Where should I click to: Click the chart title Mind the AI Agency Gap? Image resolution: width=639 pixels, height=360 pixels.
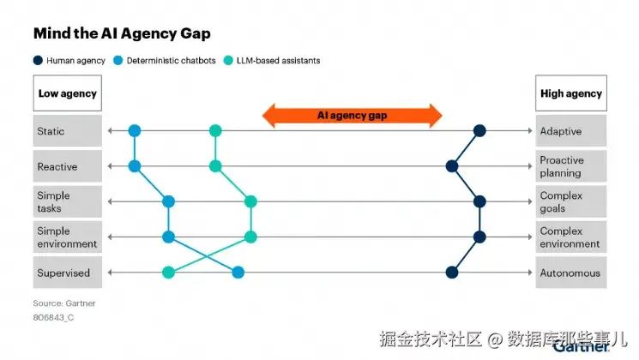[x=121, y=33]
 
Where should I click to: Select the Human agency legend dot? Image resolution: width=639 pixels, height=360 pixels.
[x=38, y=61]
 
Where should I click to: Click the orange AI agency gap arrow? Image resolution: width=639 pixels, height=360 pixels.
[x=352, y=115]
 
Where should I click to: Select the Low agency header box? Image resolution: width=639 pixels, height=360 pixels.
[x=66, y=93]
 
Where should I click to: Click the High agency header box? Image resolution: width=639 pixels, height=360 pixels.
[x=570, y=93]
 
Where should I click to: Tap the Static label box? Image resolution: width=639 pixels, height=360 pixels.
[x=66, y=131]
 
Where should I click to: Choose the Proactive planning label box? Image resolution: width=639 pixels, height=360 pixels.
[x=570, y=166]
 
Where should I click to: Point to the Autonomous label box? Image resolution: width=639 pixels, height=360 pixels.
[x=570, y=273]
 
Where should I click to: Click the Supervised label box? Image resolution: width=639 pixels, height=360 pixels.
[x=66, y=273]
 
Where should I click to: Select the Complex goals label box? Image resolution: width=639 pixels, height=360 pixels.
[x=570, y=201]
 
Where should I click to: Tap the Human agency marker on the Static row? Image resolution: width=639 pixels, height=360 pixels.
[x=480, y=131]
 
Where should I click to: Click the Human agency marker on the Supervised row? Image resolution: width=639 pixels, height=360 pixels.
[x=452, y=273]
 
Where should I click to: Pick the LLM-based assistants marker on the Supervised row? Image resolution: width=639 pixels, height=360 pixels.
[x=169, y=273]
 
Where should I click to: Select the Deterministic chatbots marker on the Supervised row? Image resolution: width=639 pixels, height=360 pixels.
[x=238, y=273]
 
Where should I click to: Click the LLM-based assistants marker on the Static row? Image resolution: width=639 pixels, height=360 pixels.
[x=215, y=131]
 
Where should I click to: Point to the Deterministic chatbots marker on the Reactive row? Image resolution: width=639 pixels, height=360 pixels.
[x=135, y=166]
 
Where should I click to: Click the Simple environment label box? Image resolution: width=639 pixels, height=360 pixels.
[x=66, y=237]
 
